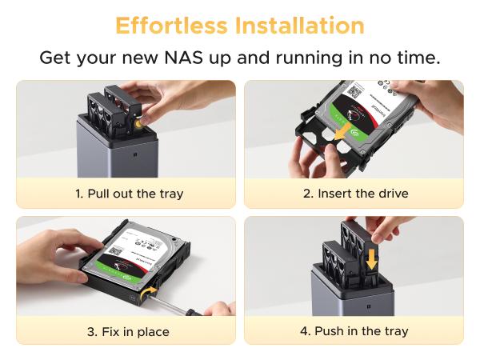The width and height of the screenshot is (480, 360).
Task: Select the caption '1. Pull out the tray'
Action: (129, 194)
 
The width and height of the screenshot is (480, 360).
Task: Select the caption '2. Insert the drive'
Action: (355, 194)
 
